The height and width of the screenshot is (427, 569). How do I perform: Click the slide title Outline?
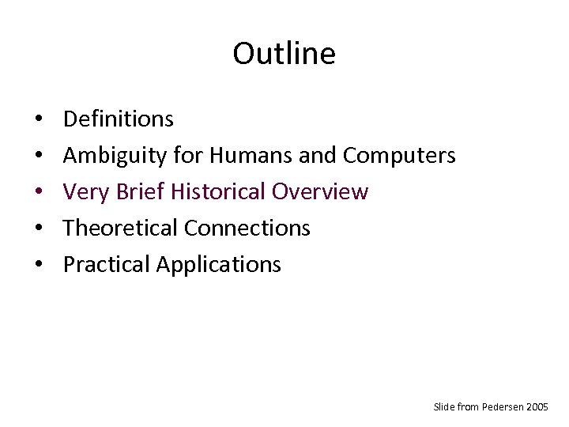[x=284, y=54]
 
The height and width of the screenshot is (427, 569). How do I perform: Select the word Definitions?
[x=118, y=119]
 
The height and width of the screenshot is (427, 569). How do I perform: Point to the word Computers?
[x=399, y=156]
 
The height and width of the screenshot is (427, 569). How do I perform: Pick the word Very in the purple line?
[x=82, y=192]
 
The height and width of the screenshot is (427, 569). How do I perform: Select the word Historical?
[x=217, y=192]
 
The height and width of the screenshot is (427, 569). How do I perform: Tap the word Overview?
[x=320, y=192]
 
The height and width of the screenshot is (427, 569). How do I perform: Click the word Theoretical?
[x=121, y=229]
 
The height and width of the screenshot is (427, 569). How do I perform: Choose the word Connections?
[x=247, y=229]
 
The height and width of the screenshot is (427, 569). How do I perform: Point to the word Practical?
[x=107, y=265]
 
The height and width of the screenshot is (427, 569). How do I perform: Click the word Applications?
[x=218, y=265]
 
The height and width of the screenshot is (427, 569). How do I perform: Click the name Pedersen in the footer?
[x=505, y=406]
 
